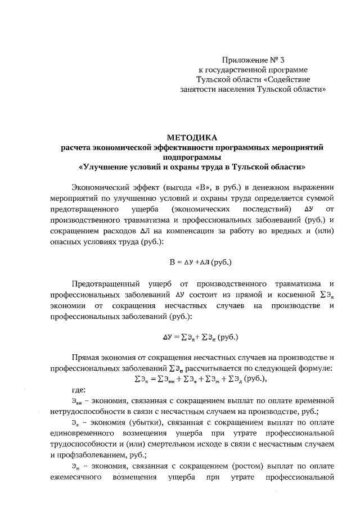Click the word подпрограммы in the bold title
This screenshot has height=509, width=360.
[x=192, y=157]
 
